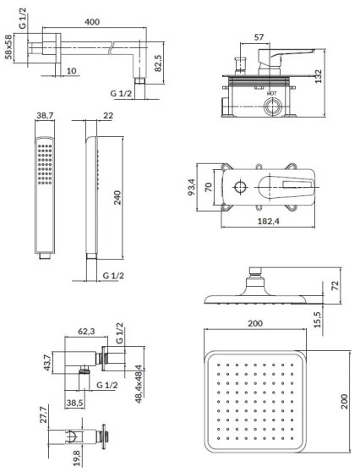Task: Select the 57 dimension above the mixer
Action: [260, 40]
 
